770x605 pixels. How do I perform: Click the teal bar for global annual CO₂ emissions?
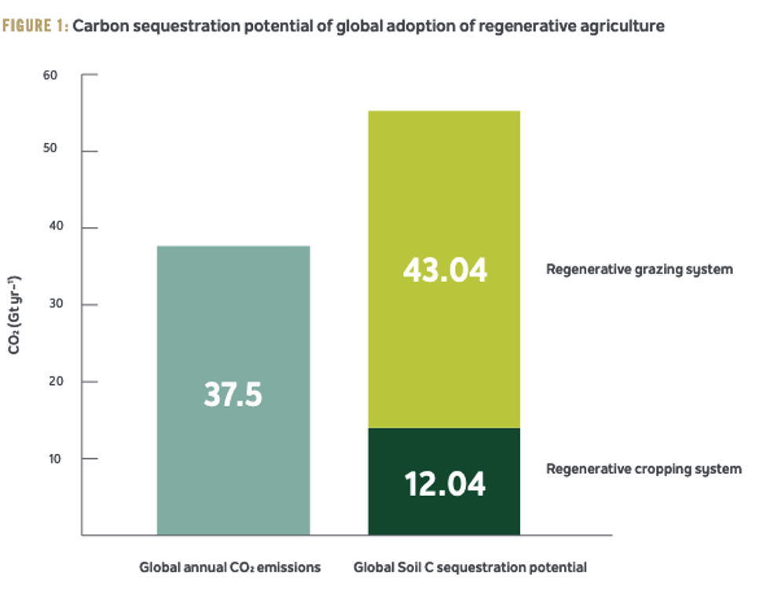coord(233,330)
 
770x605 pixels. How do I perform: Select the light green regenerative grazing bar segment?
coord(445,196)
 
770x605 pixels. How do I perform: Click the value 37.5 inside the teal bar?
coord(233,394)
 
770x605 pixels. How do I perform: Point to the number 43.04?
coord(445,270)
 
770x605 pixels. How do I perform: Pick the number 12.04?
coord(445,483)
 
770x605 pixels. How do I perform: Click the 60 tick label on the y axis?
coord(50,75)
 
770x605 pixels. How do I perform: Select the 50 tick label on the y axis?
coord(50,151)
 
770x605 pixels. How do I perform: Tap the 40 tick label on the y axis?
coord(50,228)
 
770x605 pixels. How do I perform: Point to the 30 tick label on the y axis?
coord(50,305)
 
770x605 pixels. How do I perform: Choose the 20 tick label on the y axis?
coord(50,382)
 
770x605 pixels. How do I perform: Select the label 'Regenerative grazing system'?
coord(639,269)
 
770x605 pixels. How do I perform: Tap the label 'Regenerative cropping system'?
coord(643,469)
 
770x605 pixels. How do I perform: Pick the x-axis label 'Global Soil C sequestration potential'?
coord(470,566)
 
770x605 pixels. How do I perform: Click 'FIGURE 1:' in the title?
coord(35,26)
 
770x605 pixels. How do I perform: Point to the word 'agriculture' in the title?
coord(625,26)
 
